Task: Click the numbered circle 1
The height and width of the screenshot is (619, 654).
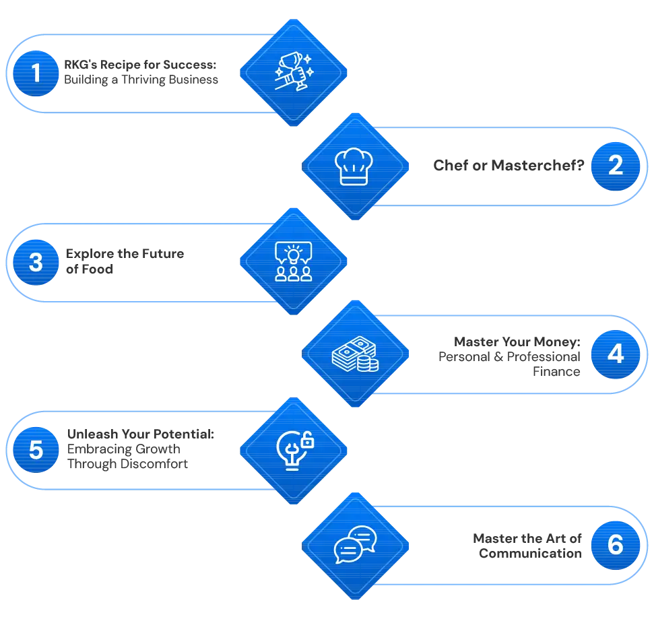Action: (x=36, y=73)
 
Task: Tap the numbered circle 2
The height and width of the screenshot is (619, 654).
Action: (x=616, y=166)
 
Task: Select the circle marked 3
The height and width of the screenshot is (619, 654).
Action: (x=36, y=261)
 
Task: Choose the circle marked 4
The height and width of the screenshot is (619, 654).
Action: (x=616, y=354)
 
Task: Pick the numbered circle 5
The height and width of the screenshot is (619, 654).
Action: (x=36, y=449)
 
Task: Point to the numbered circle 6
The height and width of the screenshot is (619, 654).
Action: (x=616, y=544)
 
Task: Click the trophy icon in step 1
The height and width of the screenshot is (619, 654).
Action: (x=293, y=71)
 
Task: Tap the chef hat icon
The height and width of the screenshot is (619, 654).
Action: (x=355, y=166)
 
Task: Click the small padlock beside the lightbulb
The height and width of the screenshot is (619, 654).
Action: (x=307, y=441)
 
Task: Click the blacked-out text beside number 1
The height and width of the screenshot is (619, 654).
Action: (x=143, y=73)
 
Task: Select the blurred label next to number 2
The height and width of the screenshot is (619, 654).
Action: (x=507, y=165)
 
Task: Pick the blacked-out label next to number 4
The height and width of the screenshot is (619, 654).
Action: (x=509, y=354)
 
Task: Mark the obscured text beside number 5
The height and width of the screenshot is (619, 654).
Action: (x=139, y=449)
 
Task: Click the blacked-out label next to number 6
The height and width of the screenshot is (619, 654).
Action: (x=526, y=546)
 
